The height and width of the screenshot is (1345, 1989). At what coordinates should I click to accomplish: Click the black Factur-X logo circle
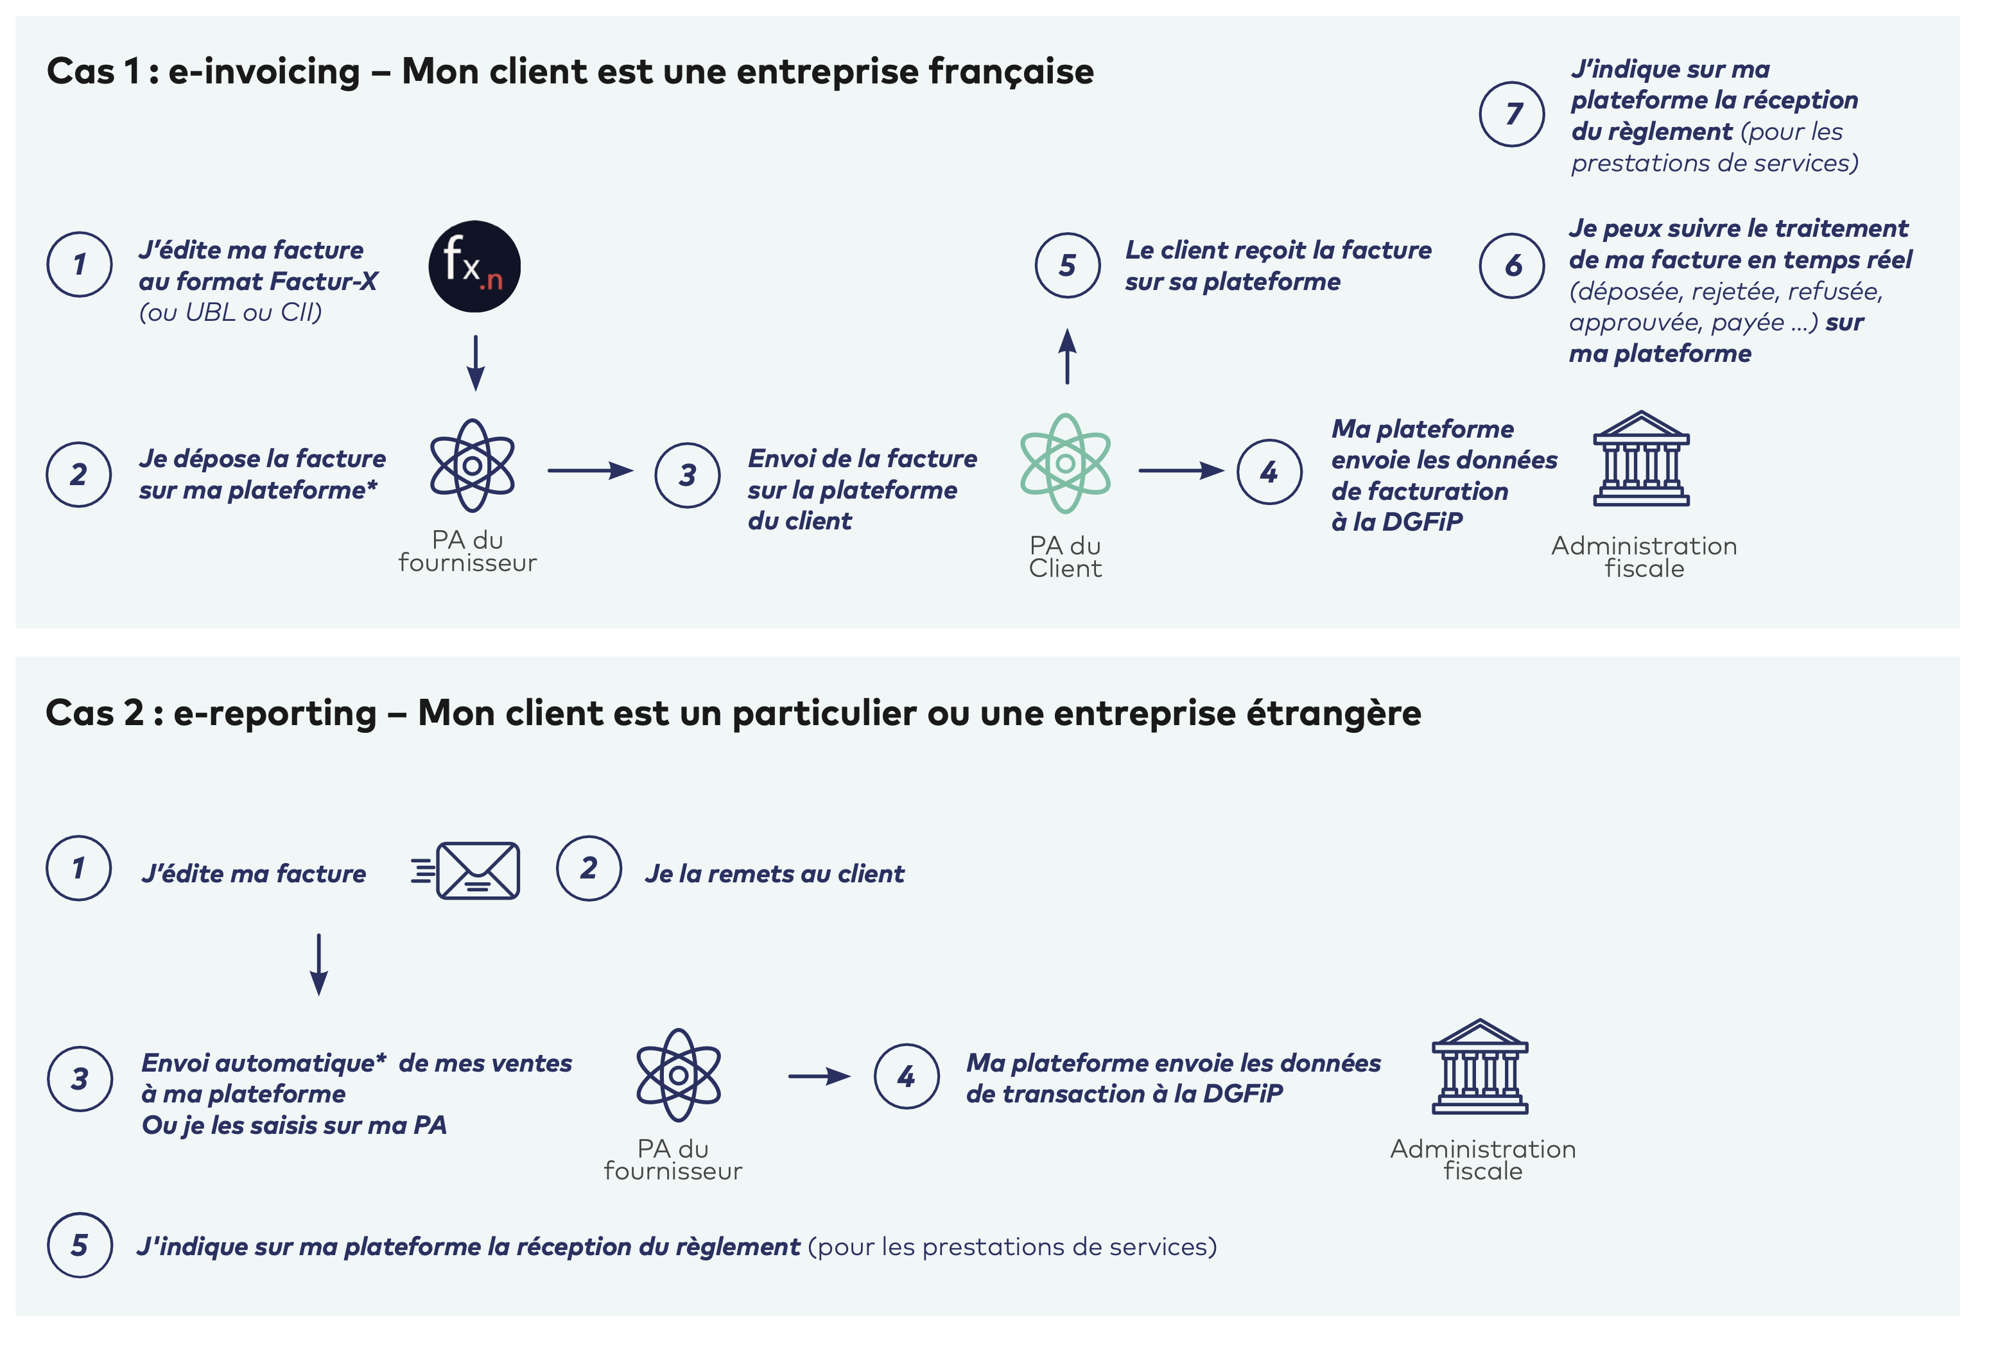click(x=474, y=266)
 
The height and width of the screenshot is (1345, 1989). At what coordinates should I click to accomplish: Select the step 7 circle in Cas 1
click(x=1512, y=114)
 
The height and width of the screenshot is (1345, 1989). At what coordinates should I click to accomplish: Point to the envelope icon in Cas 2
click(x=477, y=871)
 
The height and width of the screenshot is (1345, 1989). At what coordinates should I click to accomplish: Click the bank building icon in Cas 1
click(x=1640, y=459)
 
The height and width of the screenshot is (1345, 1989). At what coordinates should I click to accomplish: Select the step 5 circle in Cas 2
click(x=80, y=1245)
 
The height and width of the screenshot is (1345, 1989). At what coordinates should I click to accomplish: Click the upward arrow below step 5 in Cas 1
click(x=1067, y=356)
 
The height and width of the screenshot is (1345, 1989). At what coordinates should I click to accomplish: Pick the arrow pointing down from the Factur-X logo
click(x=476, y=363)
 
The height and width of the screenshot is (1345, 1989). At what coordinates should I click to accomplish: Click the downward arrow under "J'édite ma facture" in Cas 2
click(x=319, y=964)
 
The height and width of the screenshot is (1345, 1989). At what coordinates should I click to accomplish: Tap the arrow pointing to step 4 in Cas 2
click(x=819, y=1076)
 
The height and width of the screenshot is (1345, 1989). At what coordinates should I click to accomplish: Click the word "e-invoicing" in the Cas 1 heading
click(x=265, y=71)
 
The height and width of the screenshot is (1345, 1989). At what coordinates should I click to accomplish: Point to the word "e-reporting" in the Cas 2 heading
click(x=275, y=713)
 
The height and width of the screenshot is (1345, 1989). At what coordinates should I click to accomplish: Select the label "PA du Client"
click(x=1066, y=557)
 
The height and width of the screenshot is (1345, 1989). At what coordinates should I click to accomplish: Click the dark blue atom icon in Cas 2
click(x=678, y=1075)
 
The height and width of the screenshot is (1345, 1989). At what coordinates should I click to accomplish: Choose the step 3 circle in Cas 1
click(x=687, y=475)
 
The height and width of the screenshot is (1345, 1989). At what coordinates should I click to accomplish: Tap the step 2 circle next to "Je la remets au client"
click(x=589, y=868)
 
